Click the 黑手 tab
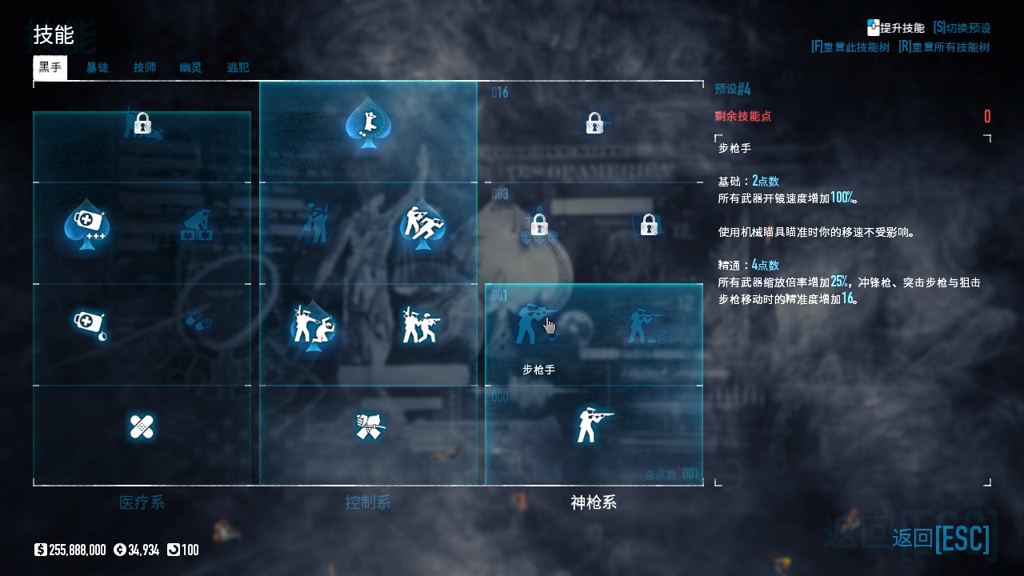(50, 67)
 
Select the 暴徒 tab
(98, 67)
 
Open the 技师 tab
(145, 67)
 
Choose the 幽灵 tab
(190, 67)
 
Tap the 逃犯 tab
(238, 67)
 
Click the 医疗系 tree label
(142, 502)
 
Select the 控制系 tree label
(368, 502)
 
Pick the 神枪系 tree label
(594, 502)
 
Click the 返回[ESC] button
(941, 538)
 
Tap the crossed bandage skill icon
(142, 426)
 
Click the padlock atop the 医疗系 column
(142, 123)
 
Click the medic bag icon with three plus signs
(86, 225)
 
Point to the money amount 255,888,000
(77, 550)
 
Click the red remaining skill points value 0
(987, 117)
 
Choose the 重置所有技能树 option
(944, 47)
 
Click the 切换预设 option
(962, 28)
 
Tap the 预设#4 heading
(732, 89)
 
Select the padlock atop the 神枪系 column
(594, 123)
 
